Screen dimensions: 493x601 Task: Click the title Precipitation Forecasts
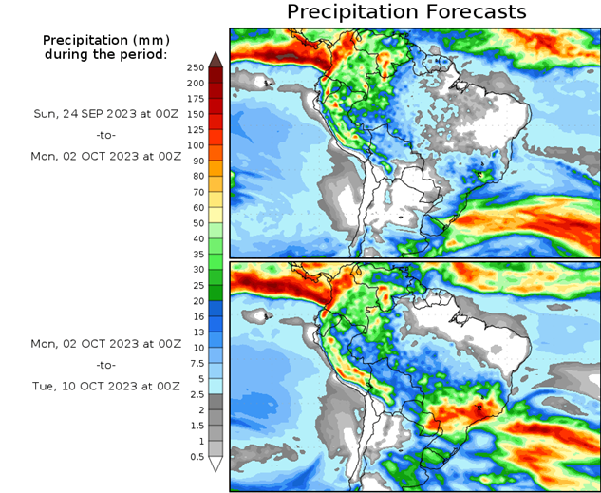406,12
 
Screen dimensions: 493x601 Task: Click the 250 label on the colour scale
195,67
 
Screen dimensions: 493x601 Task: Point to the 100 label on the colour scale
195,145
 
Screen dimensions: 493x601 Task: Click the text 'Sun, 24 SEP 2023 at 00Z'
105,112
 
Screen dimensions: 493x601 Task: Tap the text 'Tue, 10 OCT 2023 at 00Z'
105,386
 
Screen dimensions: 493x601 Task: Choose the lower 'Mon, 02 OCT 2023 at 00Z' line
105,343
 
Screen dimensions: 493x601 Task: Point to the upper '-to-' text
105,134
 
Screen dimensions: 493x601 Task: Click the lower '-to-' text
105,365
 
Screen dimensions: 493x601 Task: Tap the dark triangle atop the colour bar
216,59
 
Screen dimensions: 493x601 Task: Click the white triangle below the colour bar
216,464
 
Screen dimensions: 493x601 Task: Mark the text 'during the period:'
105,54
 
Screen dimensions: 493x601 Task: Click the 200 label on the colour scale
195,84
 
